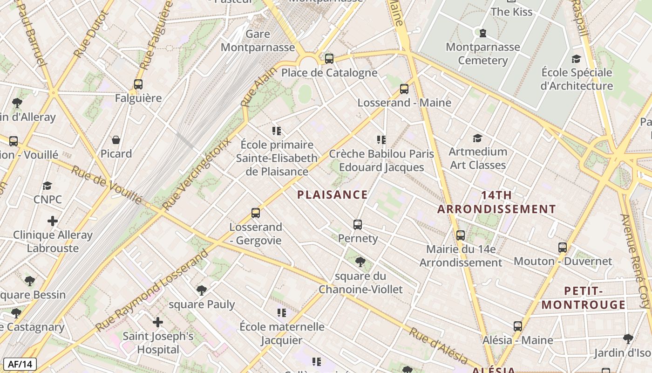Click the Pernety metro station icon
357,225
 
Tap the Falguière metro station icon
138,84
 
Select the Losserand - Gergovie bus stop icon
255,213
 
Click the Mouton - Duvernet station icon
562,248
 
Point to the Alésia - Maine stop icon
517,326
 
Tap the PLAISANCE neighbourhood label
333,195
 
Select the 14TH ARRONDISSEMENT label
496,202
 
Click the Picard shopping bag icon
116,140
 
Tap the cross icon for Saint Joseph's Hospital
158,322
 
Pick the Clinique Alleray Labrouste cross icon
53,221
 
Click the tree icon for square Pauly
201,290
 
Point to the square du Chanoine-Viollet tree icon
360,262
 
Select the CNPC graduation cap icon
47,186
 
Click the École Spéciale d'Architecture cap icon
576,59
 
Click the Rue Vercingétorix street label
197,173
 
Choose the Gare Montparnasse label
258,41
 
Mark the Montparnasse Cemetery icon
482,33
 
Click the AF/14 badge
20,364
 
